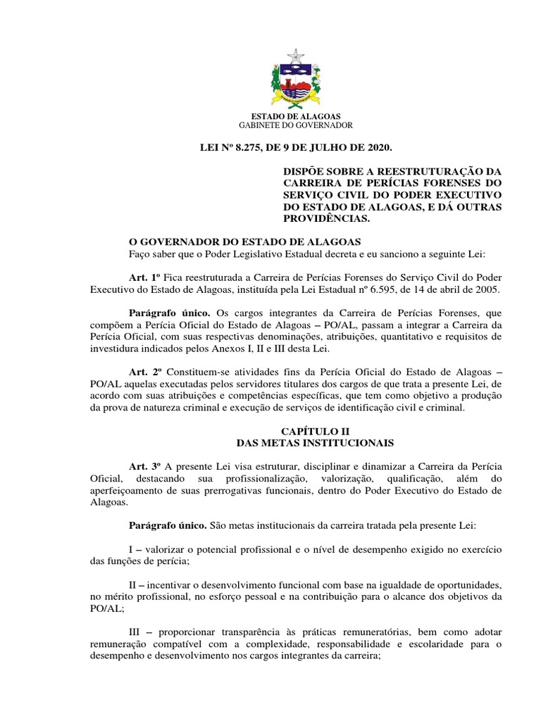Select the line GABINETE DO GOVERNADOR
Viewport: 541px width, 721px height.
pyautogui.click(x=296, y=125)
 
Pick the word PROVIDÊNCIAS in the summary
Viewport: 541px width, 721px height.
pyautogui.click(x=325, y=218)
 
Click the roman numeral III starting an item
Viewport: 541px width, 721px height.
pyautogui.click(x=137, y=632)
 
